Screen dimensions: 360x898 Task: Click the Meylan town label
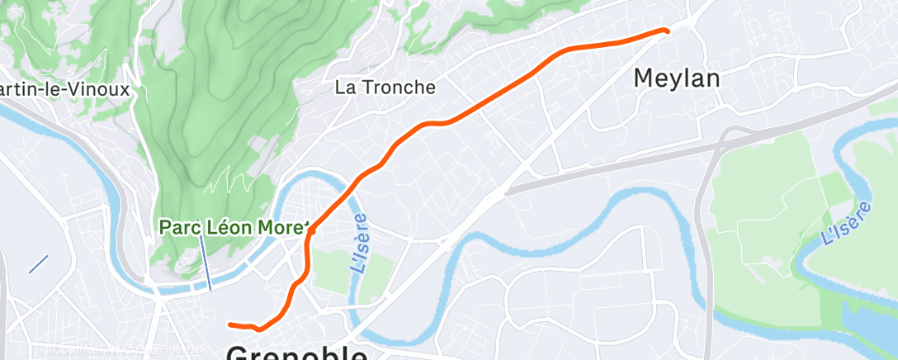point(677,78)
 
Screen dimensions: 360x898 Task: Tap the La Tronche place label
point(385,87)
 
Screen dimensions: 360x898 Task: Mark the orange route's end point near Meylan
point(665,31)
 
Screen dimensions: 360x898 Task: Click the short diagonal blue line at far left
point(39,264)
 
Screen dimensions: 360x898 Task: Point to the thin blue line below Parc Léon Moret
point(205,262)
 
